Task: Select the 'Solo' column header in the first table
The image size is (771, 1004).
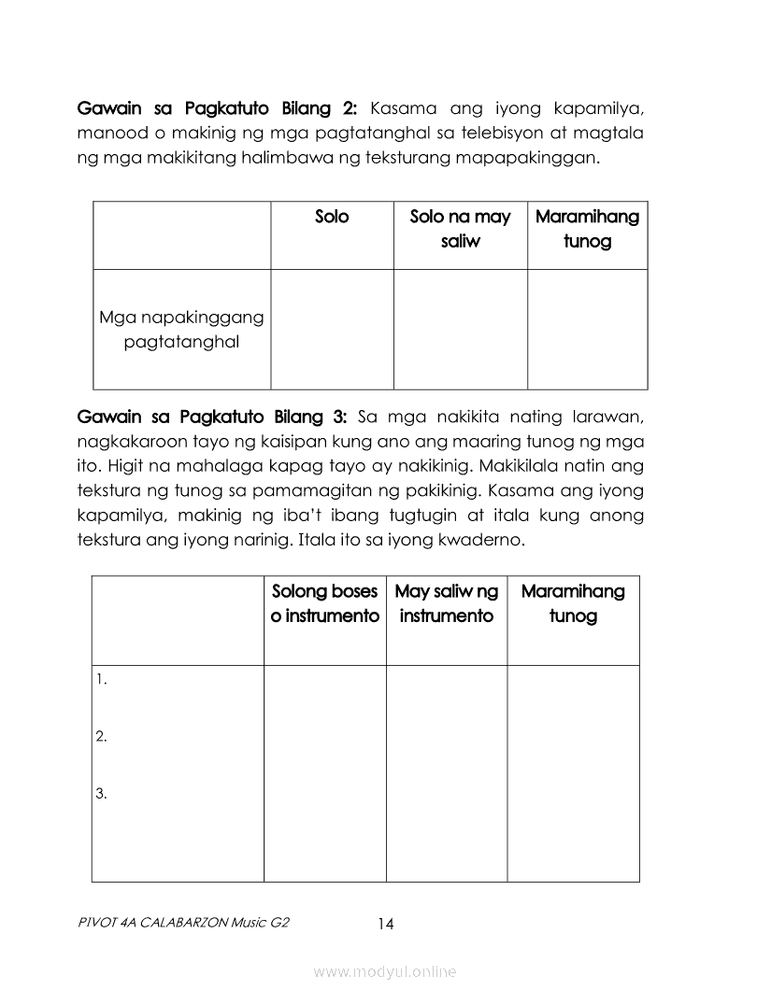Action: pos(332,217)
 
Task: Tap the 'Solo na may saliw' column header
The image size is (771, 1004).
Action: pos(460,229)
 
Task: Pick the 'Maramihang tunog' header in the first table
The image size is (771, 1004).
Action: pos(587,229)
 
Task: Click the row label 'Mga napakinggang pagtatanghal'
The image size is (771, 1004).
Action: pos(181,329)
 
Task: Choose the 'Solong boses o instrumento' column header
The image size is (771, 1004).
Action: pos(324,603)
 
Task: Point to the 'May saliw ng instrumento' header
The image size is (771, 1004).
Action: pos(446,603)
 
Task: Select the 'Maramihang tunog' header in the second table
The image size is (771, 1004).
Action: pos(573,603)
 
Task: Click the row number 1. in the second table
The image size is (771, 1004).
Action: pos(101,680)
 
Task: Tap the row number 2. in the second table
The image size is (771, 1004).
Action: pos(101,737)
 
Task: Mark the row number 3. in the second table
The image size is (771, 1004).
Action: pos(101,795)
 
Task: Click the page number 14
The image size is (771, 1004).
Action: pos(386,924)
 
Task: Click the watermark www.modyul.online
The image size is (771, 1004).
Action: pos(385,972)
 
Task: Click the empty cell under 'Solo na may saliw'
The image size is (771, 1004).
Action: pos(460,329)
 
